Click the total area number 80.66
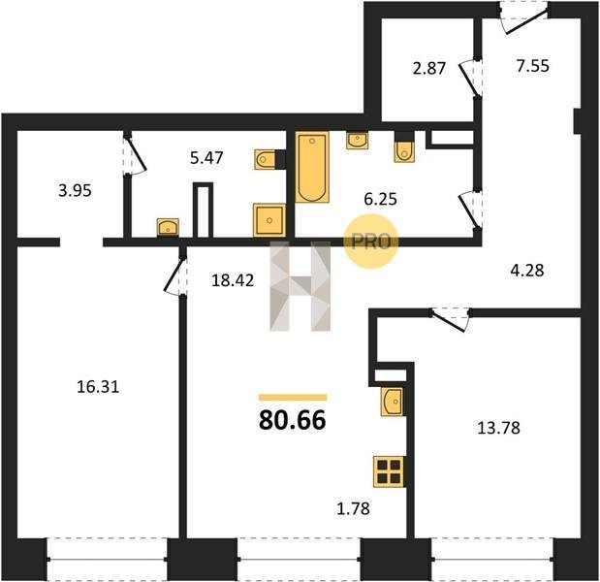point(293,420)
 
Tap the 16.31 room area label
point(98,387)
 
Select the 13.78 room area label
point(498,428)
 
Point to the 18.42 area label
point(233,280)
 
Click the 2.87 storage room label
point(429,68)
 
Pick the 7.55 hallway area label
point(533,66)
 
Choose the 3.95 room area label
point(75,190)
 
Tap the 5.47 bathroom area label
point(206,158)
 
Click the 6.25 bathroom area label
point(380,199)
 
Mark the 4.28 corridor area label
point(527,271)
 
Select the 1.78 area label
point(353,508)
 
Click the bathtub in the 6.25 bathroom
point(312,167)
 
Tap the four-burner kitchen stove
point(389,471)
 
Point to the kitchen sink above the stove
point(392,402)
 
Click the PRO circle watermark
point(371,242)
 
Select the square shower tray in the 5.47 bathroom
point(269,220)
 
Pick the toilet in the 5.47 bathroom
point(266,159)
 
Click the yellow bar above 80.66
point(293,398)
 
